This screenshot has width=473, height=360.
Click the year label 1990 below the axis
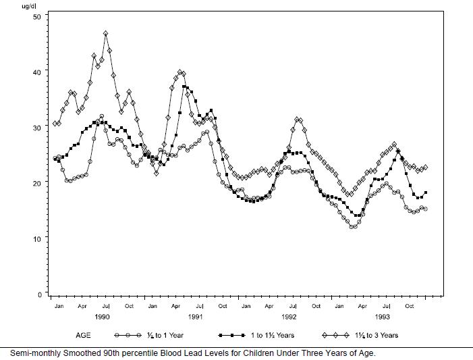click(103, 316)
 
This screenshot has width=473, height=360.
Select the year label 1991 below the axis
click(196, 316)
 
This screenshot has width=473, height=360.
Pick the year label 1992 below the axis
click(289, 316)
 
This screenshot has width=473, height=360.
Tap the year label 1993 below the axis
click(382, 316)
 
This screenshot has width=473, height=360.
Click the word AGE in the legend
click(84, 335)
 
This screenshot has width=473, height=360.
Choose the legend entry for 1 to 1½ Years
click(270, 335)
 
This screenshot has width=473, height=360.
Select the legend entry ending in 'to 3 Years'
click(376, 335)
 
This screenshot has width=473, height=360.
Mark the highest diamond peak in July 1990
click(106, 33)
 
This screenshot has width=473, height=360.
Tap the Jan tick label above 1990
click(59, 307)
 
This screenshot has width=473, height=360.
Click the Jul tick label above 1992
click(292, 307)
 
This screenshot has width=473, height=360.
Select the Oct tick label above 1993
click(409, 307)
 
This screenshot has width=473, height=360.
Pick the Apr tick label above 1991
click(175, 307)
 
